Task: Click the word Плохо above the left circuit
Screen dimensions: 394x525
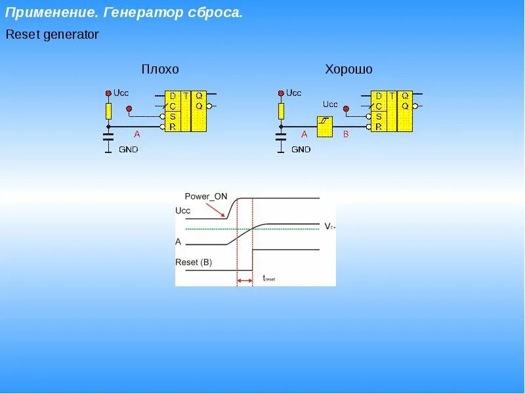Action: click(160, 70)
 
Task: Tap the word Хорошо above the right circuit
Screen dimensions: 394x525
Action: click(348, 70)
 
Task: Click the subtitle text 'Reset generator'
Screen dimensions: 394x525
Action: click(52, 35)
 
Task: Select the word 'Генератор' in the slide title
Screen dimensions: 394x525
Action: click(140, 13)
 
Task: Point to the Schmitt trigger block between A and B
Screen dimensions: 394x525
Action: click(324, 126)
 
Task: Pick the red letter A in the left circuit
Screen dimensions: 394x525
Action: click(137, 134)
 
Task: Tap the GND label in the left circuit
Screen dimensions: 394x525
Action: click(128, 150)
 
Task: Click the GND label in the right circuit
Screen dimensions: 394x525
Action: click(301, 150)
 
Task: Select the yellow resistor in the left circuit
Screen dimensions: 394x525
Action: click(109, 110)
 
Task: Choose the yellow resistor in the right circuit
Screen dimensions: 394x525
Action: click(281, 110)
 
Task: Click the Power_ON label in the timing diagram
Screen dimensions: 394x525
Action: click(206, 196)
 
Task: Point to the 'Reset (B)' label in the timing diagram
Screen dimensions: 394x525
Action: click(194, 262)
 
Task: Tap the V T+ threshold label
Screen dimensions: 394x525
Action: click(330, 227)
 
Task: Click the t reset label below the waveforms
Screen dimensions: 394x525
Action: click(269, 278)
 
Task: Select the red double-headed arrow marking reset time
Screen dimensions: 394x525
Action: click(245, 281)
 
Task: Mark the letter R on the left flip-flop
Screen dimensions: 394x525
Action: click(172, 126)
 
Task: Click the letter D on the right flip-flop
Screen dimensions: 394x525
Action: click(379, 96)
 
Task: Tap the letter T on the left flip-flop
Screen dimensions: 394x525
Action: click(186, 96)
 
